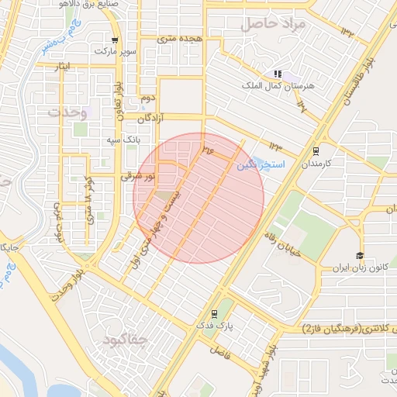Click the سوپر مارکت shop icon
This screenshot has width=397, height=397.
[115, 40]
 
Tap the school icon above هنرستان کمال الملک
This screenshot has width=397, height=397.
[277, 74]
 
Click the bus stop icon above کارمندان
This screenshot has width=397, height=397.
[315, 151]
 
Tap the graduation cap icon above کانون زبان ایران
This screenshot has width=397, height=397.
[360, 256]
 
